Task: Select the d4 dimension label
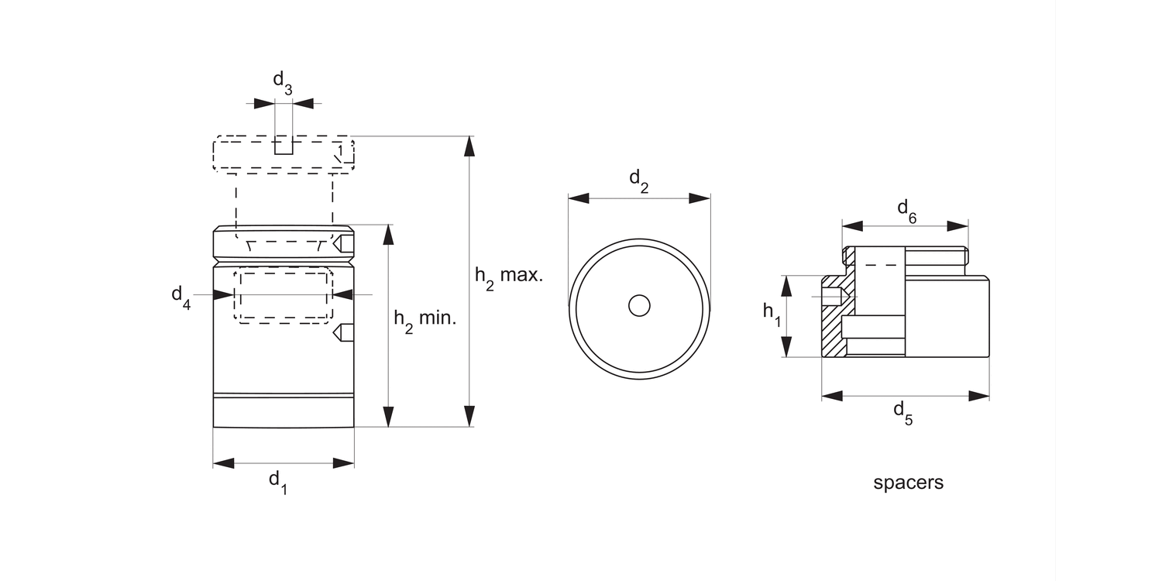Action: [180, 297]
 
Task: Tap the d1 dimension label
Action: [277, 481]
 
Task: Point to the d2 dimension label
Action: [638, 180]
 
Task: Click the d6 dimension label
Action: [906, 210]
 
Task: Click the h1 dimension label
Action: [772, 314]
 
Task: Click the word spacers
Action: [908, 483]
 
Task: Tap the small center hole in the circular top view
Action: [639, 306]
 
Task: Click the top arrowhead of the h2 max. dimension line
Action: [469, 146]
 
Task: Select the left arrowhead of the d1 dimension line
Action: [223, 463]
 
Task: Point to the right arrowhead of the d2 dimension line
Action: [700, 198]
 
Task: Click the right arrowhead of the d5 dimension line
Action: [979, 396]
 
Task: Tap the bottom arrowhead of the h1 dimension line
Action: [787, 347]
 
